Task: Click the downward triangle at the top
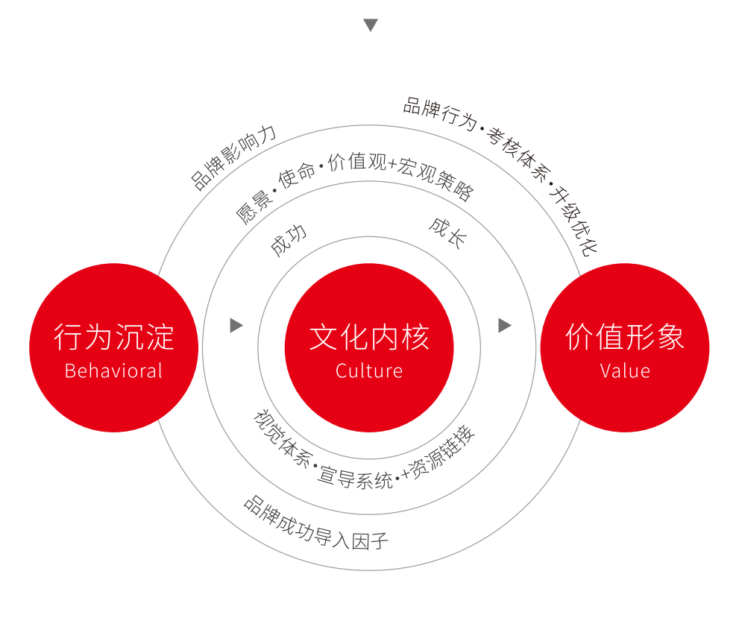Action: pyautogui.click(x=371, y=25)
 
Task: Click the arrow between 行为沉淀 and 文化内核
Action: pyautogui.click(x=236, y=325)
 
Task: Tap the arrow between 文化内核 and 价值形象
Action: pyautogui.click(x=505, y=325)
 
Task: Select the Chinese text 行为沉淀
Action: pyautogui.click(x=114, y=337)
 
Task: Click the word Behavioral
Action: pyautogui.click(x=113, y=371)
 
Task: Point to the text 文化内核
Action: pyautogui.click(x=369, y=337)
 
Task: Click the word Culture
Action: pyautogui.click(x=369, y=371)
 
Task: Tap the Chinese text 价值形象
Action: pyautogui.click(x=625, y=337)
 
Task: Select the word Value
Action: pyautogui.click(x=625, y=371)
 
